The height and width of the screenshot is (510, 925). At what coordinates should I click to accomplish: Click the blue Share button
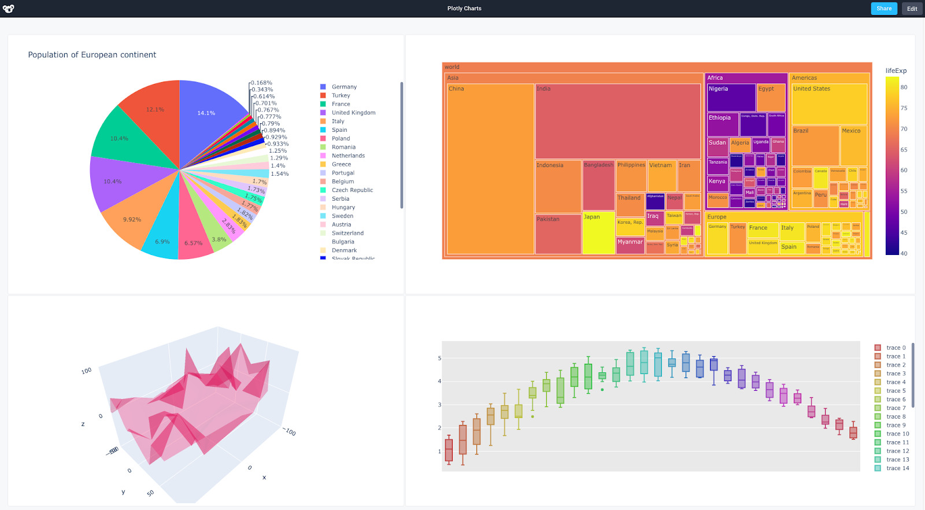[x=884, y=9]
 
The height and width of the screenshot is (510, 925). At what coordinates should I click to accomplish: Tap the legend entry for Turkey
[x=341, y=95]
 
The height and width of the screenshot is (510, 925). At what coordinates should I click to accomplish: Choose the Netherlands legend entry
[x=348, y=156]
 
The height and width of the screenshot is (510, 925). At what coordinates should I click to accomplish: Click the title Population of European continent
[x=92, y=55]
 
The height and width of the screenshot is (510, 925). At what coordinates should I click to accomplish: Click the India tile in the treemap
[x=617, y=121]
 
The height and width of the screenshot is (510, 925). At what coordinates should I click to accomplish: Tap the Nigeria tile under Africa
[x=731, y=97]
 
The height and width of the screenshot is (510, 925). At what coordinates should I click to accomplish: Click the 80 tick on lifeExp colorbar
[x=904, y=87]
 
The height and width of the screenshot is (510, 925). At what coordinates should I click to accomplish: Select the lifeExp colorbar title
[x=896, y=71]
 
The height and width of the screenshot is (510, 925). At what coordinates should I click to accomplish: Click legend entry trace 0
[x=896, y=348]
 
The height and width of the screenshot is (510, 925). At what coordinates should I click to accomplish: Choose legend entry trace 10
[x=897, y=434]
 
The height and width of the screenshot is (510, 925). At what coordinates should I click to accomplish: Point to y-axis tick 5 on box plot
[x=439, y=359]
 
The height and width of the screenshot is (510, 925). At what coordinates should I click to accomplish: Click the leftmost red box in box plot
[x=449, y=450]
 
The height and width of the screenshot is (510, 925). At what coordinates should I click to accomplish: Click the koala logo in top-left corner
[x=8, y=9]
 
